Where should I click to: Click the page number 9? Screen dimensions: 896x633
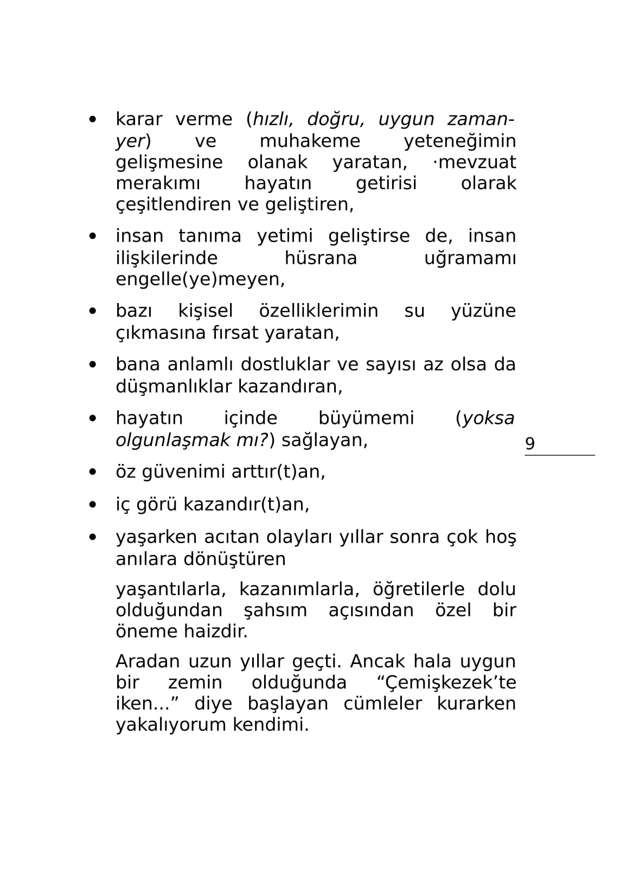click(x=530, y=443)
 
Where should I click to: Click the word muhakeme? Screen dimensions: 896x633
click(x=310, y=141)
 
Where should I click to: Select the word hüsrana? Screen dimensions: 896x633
click(x=321, y=258)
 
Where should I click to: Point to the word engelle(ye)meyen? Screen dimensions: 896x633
click(x=200, y=279)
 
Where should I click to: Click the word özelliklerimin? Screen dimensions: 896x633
click(x=318, y=311)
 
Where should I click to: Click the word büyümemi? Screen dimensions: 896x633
click(x=366, y=418)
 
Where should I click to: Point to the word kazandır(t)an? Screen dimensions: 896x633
click(x=246, y=505)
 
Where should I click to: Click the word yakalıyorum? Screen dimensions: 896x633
click(x=171, y=725)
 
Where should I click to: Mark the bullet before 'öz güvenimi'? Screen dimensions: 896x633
click(x=93, y=472)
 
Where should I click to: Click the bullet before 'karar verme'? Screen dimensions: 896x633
click(x=93, y=119)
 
